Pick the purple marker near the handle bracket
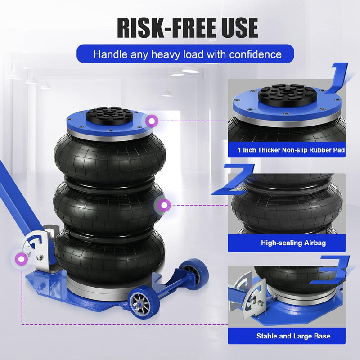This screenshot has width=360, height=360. [20, 259]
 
